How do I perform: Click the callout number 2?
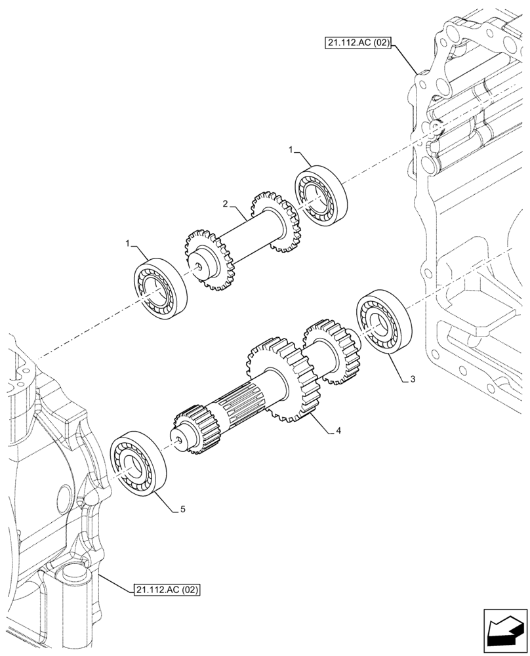point(225,205)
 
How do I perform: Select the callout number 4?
point(338,431)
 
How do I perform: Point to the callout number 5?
point(184,508)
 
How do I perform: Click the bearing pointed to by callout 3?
point(383,321)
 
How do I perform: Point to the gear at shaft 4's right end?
point(333,352)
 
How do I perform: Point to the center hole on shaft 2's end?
point(198,266)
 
